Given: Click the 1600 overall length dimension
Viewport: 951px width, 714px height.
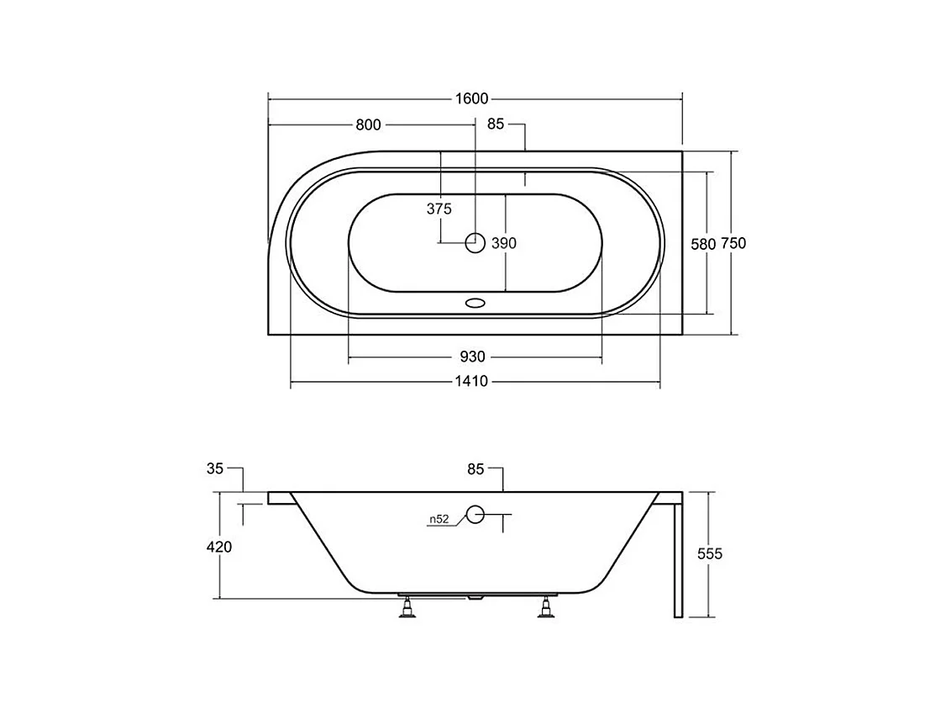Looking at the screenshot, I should tap(471, 99).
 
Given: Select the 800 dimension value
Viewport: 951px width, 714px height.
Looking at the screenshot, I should tap(368, 125).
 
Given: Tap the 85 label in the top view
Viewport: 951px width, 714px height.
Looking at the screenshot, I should tap(495, 124).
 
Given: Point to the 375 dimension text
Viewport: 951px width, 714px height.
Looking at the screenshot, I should tap(439, 209).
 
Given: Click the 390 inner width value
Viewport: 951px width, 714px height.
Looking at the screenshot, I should tap(503, 243).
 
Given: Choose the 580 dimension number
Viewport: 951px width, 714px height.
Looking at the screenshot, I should tap(702, 244).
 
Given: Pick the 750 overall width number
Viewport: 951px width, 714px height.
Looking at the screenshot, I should tap(733, 243).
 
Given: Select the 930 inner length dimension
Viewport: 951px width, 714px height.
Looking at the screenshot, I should tap(473, 357).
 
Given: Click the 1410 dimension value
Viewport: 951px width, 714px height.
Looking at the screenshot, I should tap(472, 382).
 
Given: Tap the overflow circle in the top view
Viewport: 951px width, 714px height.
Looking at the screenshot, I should tap(475, 243).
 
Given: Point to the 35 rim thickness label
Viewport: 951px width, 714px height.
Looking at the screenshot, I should tap(215, 468).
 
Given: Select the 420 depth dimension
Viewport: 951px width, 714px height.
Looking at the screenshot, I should tap(218, 547).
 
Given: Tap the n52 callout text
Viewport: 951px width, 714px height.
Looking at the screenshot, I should tap(439, 520).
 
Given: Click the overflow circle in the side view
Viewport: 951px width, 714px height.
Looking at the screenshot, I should tap(475, 515).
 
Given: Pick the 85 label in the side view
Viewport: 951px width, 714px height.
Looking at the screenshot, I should tap(475, 469).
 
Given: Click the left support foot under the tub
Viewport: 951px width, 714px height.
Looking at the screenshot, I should tap(407, 607).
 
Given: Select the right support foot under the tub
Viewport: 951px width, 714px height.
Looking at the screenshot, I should tap(548, 607).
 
